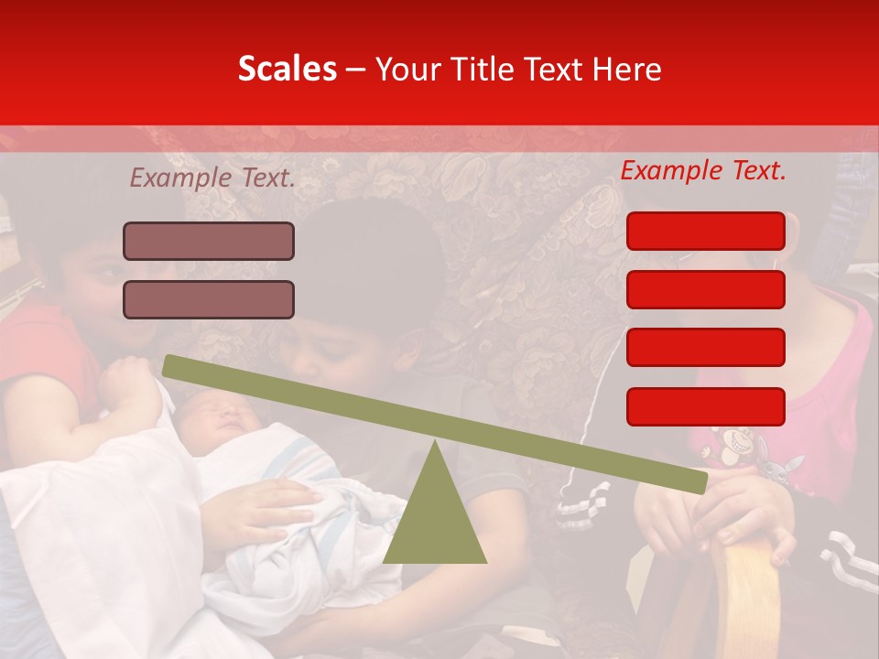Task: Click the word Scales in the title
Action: [x=287, y=70]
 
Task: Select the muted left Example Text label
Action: [x=212, y=178]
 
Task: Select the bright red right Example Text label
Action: [x=703, y=170]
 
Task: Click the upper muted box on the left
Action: [x=209, y=242]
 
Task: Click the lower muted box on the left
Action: [x=209, y=299]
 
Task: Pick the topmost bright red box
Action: [x=705, y=231]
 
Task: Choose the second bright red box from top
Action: [x=705, y=289]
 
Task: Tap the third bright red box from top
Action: [x=705, y=347]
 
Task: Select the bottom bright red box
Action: [x=705, y=406]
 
